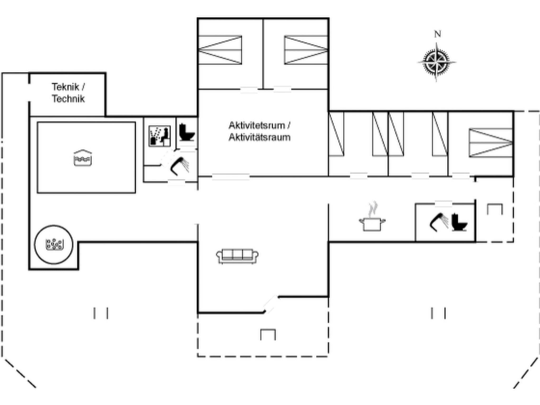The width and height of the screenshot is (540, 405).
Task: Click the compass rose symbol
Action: [436, 62]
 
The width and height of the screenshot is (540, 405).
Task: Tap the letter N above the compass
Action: [437, 34]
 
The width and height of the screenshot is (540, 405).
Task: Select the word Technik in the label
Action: [68, 99]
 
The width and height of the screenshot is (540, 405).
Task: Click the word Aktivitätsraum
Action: [259, 137]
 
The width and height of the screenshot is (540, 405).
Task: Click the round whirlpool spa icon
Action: [54, 244]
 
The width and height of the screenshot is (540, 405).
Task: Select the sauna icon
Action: [160, 136]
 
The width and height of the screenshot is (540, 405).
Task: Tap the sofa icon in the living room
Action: [237, 256]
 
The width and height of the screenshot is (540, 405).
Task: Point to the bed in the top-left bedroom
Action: [220, 50]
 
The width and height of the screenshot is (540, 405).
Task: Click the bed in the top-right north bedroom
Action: [306, 50]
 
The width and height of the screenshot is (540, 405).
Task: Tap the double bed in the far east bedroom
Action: [491, 143]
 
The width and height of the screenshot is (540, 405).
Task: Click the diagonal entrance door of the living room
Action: [271, 305]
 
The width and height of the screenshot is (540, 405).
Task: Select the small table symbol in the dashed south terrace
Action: [268, 334]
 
